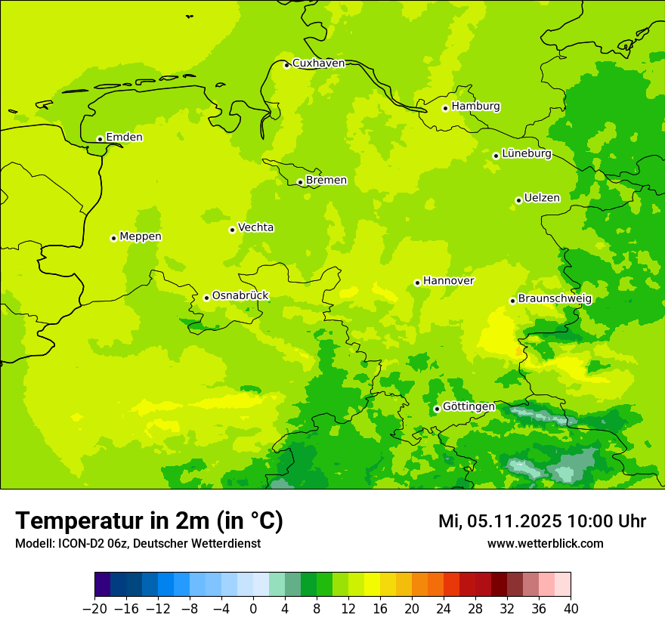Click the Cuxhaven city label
coord(318,63)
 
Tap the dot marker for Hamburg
coord(446,108)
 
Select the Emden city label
coord(124,137)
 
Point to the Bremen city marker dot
coord(300,182)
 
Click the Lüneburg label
coord(526,154)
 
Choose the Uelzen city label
coord(542,199)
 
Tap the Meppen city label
coord(141,237)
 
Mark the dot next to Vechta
coord(232,230)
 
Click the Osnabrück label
coord(240,296)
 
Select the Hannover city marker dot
coord(417,283)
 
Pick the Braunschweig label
coord(555,299)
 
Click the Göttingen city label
coord(469,407)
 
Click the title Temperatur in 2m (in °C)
coord(149,521)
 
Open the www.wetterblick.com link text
coord(545,544)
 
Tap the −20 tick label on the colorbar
coord(94,609)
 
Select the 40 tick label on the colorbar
coord(571,609)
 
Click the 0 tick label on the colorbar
coord(253,609)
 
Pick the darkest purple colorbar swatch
coord(103,585)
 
